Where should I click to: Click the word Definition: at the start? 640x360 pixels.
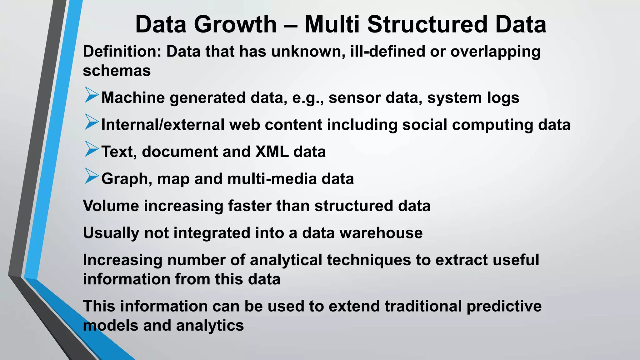click(122, 51)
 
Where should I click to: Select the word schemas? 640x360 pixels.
click(117, 71)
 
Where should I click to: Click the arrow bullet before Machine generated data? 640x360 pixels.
click(91, 95)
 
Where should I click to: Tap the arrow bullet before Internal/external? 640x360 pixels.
click(91, 122)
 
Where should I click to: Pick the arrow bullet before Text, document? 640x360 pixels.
click(91, 149)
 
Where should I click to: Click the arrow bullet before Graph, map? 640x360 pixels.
click(91, 176)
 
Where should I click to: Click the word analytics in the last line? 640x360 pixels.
click(210, 326)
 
